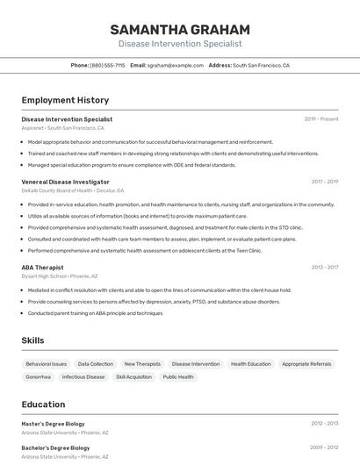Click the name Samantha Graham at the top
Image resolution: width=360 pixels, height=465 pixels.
coord(180,29)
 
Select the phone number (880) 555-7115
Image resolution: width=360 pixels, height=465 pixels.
coord(107,65)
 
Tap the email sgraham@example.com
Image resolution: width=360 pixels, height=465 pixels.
coord(175,65)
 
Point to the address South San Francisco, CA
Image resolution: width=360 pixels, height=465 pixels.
coord(261,65)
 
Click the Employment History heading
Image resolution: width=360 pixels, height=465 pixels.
coord(65,100)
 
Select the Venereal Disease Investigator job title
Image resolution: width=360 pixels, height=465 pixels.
coord(66,182)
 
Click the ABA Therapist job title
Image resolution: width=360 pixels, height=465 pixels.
coord(42,267)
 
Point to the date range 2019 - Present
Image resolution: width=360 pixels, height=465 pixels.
coord(320,118)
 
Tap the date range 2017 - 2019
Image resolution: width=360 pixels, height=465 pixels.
coord(324,182)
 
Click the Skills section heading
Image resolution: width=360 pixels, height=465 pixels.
coord(33,340)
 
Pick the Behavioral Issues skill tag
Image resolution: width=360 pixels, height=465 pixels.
coord(46,363)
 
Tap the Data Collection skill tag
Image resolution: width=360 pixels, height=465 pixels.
coord(95,363)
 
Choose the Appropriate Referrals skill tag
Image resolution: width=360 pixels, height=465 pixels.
coord(306,363)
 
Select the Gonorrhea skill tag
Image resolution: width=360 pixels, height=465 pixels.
coord(38,377)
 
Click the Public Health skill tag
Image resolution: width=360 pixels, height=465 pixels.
coord(178,377)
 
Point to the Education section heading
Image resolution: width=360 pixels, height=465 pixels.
coord(43,404)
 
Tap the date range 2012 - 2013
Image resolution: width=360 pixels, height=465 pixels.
coord(324,424)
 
